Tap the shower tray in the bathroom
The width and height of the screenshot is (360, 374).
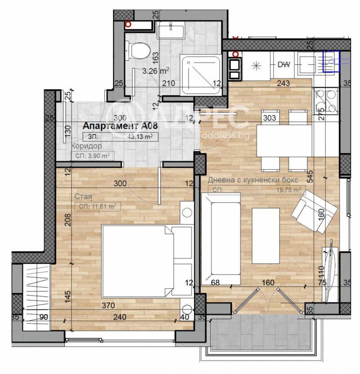coord(200,74)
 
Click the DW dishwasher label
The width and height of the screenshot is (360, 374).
coord(283,64)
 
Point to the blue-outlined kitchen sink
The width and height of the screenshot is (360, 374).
coord(331,61)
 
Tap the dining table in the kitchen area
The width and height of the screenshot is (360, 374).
coord(283,139)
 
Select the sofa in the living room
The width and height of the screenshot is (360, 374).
coord(221,237)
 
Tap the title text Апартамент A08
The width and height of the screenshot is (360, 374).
coord(120,126)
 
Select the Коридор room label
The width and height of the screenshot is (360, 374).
coord(86,146)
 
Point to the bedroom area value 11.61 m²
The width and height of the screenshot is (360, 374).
coord(103,207)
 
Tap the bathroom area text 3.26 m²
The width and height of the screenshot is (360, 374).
coord(156,71)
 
